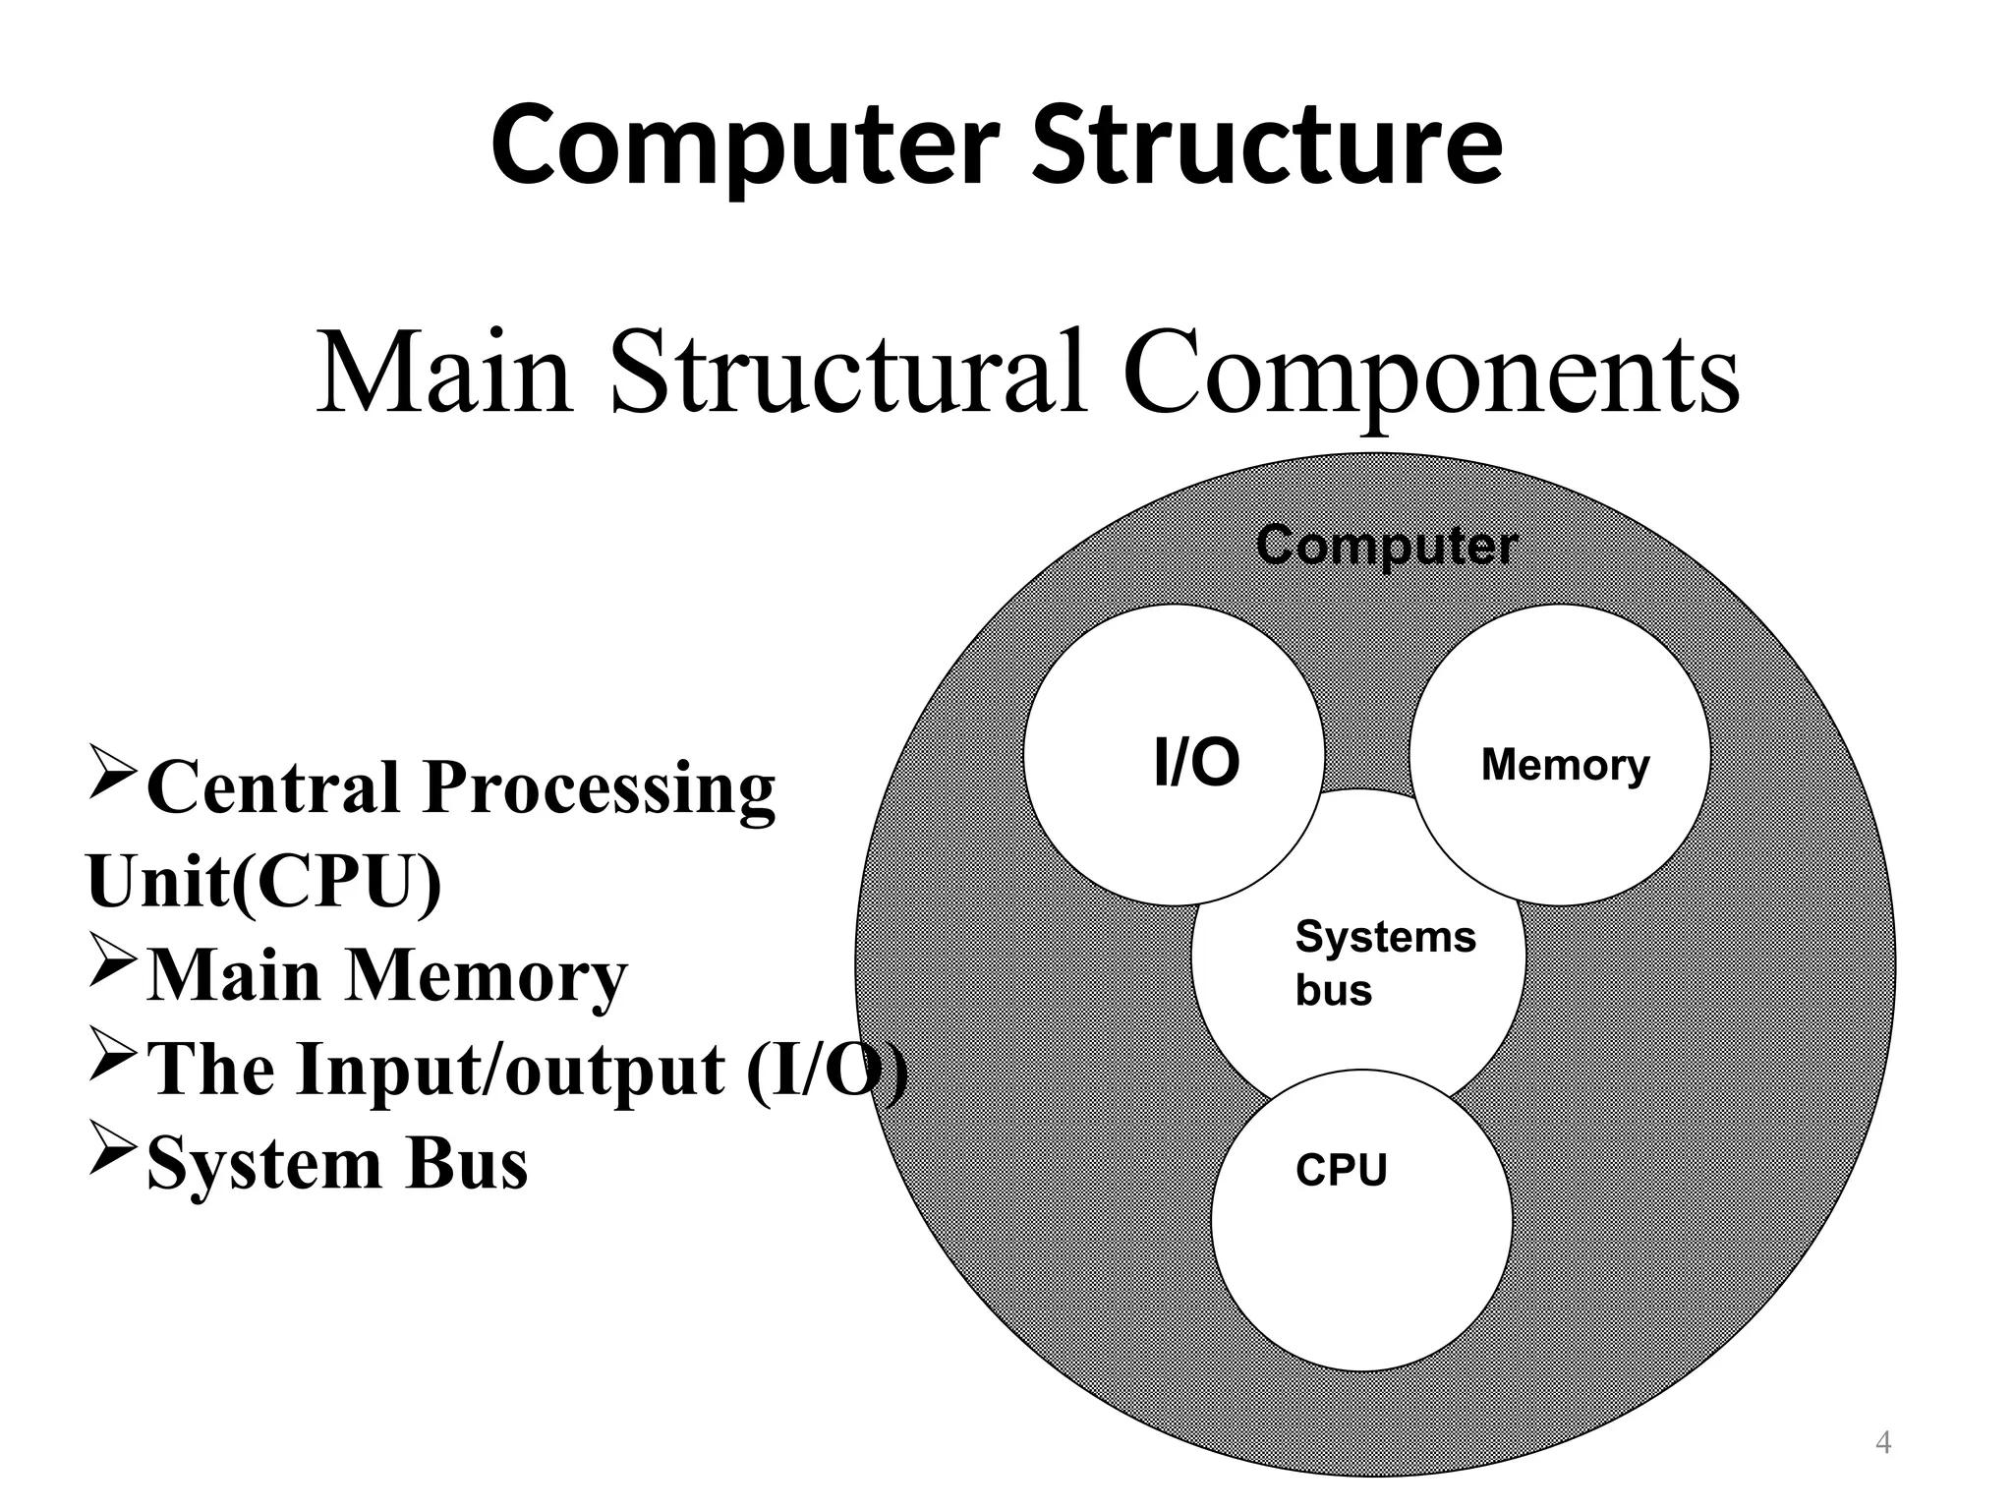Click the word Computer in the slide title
pyautogui.click(x=745, y=145)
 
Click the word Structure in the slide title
pyautogui.click(x=1267, y=145)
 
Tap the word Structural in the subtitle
pyautogui.click(x=848, y=374)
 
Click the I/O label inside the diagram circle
pyautogui.click(x=1196, y=763)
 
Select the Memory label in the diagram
pyautogui.click(x=1565, y=764)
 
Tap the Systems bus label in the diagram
pyautogui.click(x=1385, y=962)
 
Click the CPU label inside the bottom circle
pyautogui.click(x=1341, y=1170)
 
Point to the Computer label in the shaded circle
pyautogui.click(x=1386, y=546)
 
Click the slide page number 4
pyautogui.click(x=1883, y=1443)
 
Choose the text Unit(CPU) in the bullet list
pyautogui.click(x=263, y=882)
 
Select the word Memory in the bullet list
pyautogui.click(x=487, y=976)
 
